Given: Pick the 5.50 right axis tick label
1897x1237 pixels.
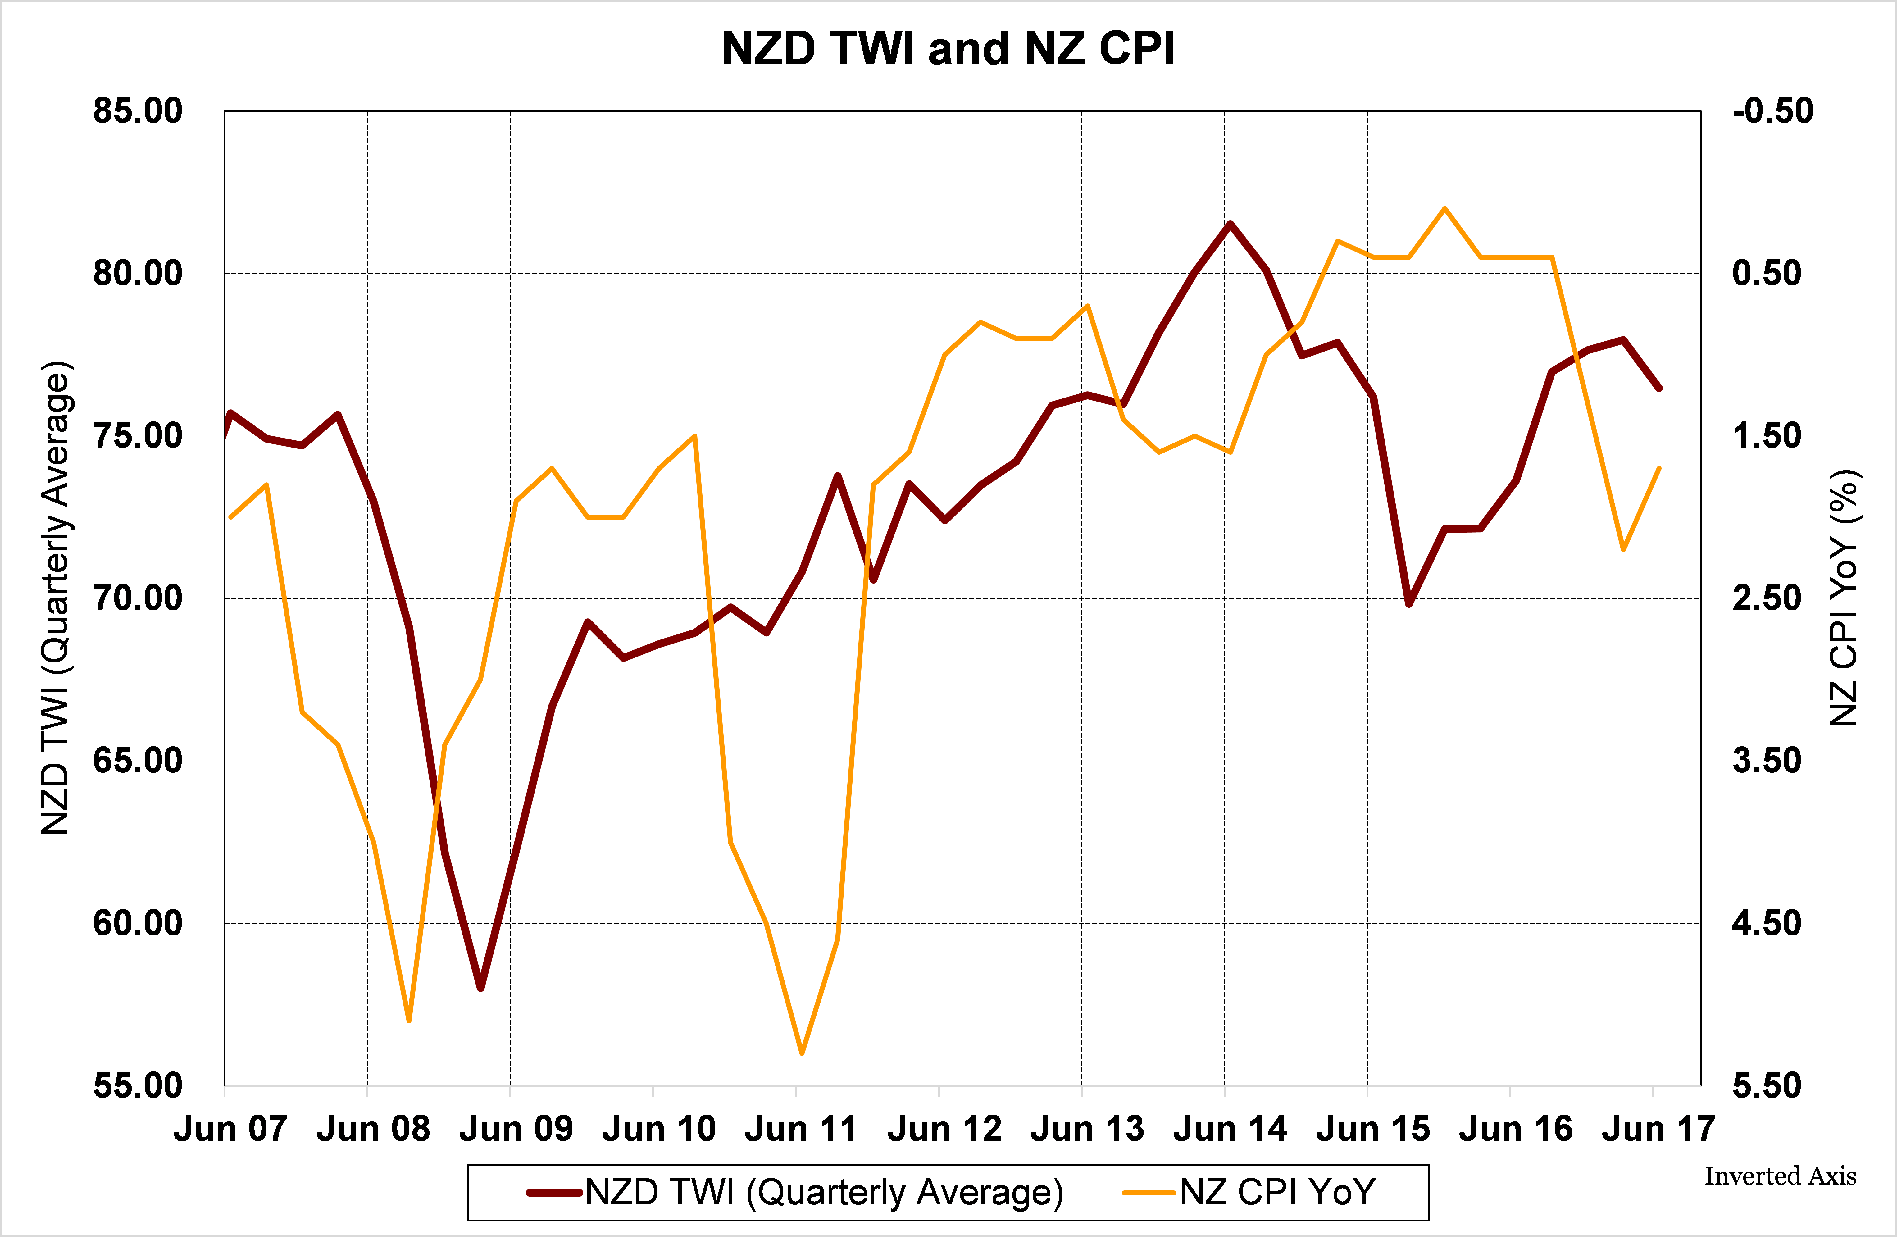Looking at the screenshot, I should [x=1766, y=1085].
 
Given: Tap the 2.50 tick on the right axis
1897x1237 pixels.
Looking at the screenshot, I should [x=1766, y=598].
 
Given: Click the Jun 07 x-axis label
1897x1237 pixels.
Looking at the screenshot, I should [x=230, y=1129].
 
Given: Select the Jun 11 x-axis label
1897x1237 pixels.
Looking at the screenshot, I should [x=801, y=1129].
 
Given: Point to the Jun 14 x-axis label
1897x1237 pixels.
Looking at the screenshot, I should [x=1230, y=1129].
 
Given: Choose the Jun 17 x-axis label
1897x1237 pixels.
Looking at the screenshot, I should [x=1658, y=1129].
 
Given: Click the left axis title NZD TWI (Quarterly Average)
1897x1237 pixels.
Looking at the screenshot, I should [x=56, y=598].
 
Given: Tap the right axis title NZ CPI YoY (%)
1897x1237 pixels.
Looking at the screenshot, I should [x=1843, y=598].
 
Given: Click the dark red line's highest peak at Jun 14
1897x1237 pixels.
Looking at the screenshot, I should [x=1230, y=224].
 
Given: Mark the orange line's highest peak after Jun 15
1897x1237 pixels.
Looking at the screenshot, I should [x=1444, y=209].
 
